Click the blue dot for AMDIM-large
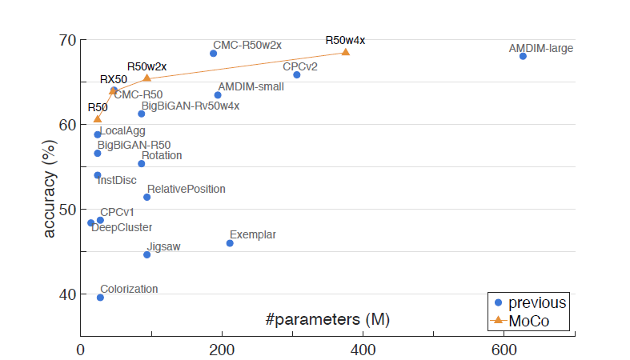point(523,56)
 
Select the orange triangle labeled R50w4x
point(346,52)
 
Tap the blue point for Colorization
point(100,298)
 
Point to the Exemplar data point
point(230,243)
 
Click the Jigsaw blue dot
point(146,254)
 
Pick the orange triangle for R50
point(98,119)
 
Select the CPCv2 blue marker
point(296,74)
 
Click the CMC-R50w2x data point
point(213,54)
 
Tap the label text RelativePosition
point(186,190)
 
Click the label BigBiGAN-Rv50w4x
point(191,106)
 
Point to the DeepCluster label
point(122,228)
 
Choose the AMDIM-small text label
point(251,86)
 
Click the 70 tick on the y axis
point(67,40)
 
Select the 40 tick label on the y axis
point(67,294)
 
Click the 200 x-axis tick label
point(222,350)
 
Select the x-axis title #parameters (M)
point(327,319)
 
